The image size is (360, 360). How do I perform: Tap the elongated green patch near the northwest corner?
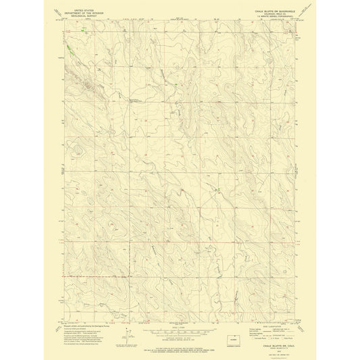point(70,48)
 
